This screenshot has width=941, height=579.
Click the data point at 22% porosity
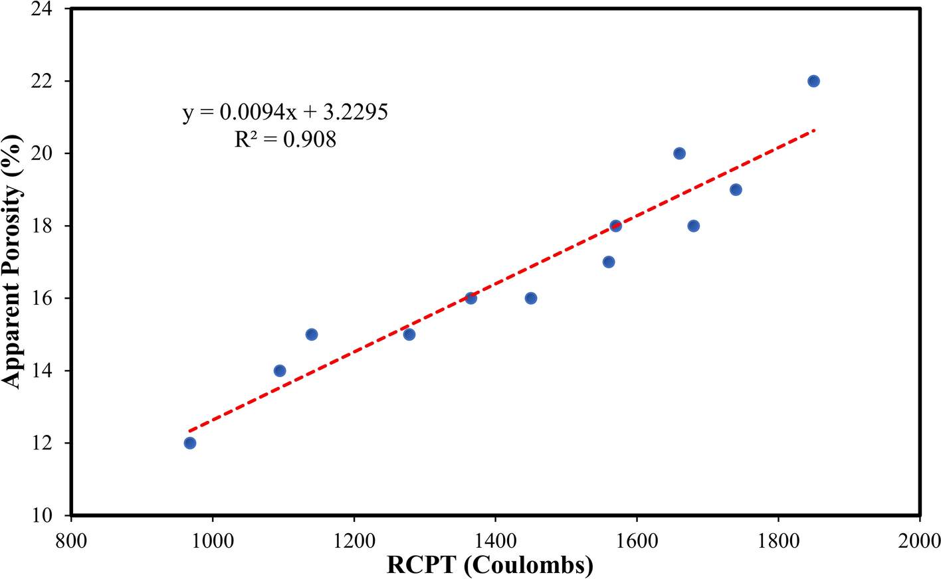click(813, 81)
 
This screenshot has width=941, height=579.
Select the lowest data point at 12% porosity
click(190, 443)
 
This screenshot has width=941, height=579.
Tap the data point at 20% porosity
click(679, 153)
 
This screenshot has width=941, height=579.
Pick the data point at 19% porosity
click(736, 190)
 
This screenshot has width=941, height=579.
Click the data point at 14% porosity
click(280, 371)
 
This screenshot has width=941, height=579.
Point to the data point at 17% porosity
click(609, 262)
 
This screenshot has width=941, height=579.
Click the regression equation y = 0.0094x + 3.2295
click(285, 112)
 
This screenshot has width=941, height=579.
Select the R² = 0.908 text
click(285, 139)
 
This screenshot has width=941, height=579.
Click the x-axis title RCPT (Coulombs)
click(490, 565)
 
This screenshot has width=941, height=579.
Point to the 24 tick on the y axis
click(47, 10)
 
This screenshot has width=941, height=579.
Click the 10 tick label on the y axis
click(47, 515)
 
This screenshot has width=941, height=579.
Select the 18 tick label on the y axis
click(47, 226)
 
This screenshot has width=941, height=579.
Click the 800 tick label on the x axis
click(70, 540)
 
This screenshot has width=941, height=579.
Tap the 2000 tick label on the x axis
click(919, 540)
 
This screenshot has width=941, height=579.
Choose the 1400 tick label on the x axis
click(495, 540)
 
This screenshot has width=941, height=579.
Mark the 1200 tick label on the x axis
click(354, 540)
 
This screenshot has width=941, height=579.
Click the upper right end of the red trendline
click(813, 130)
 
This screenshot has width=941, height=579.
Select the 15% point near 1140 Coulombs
click(312, 335)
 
